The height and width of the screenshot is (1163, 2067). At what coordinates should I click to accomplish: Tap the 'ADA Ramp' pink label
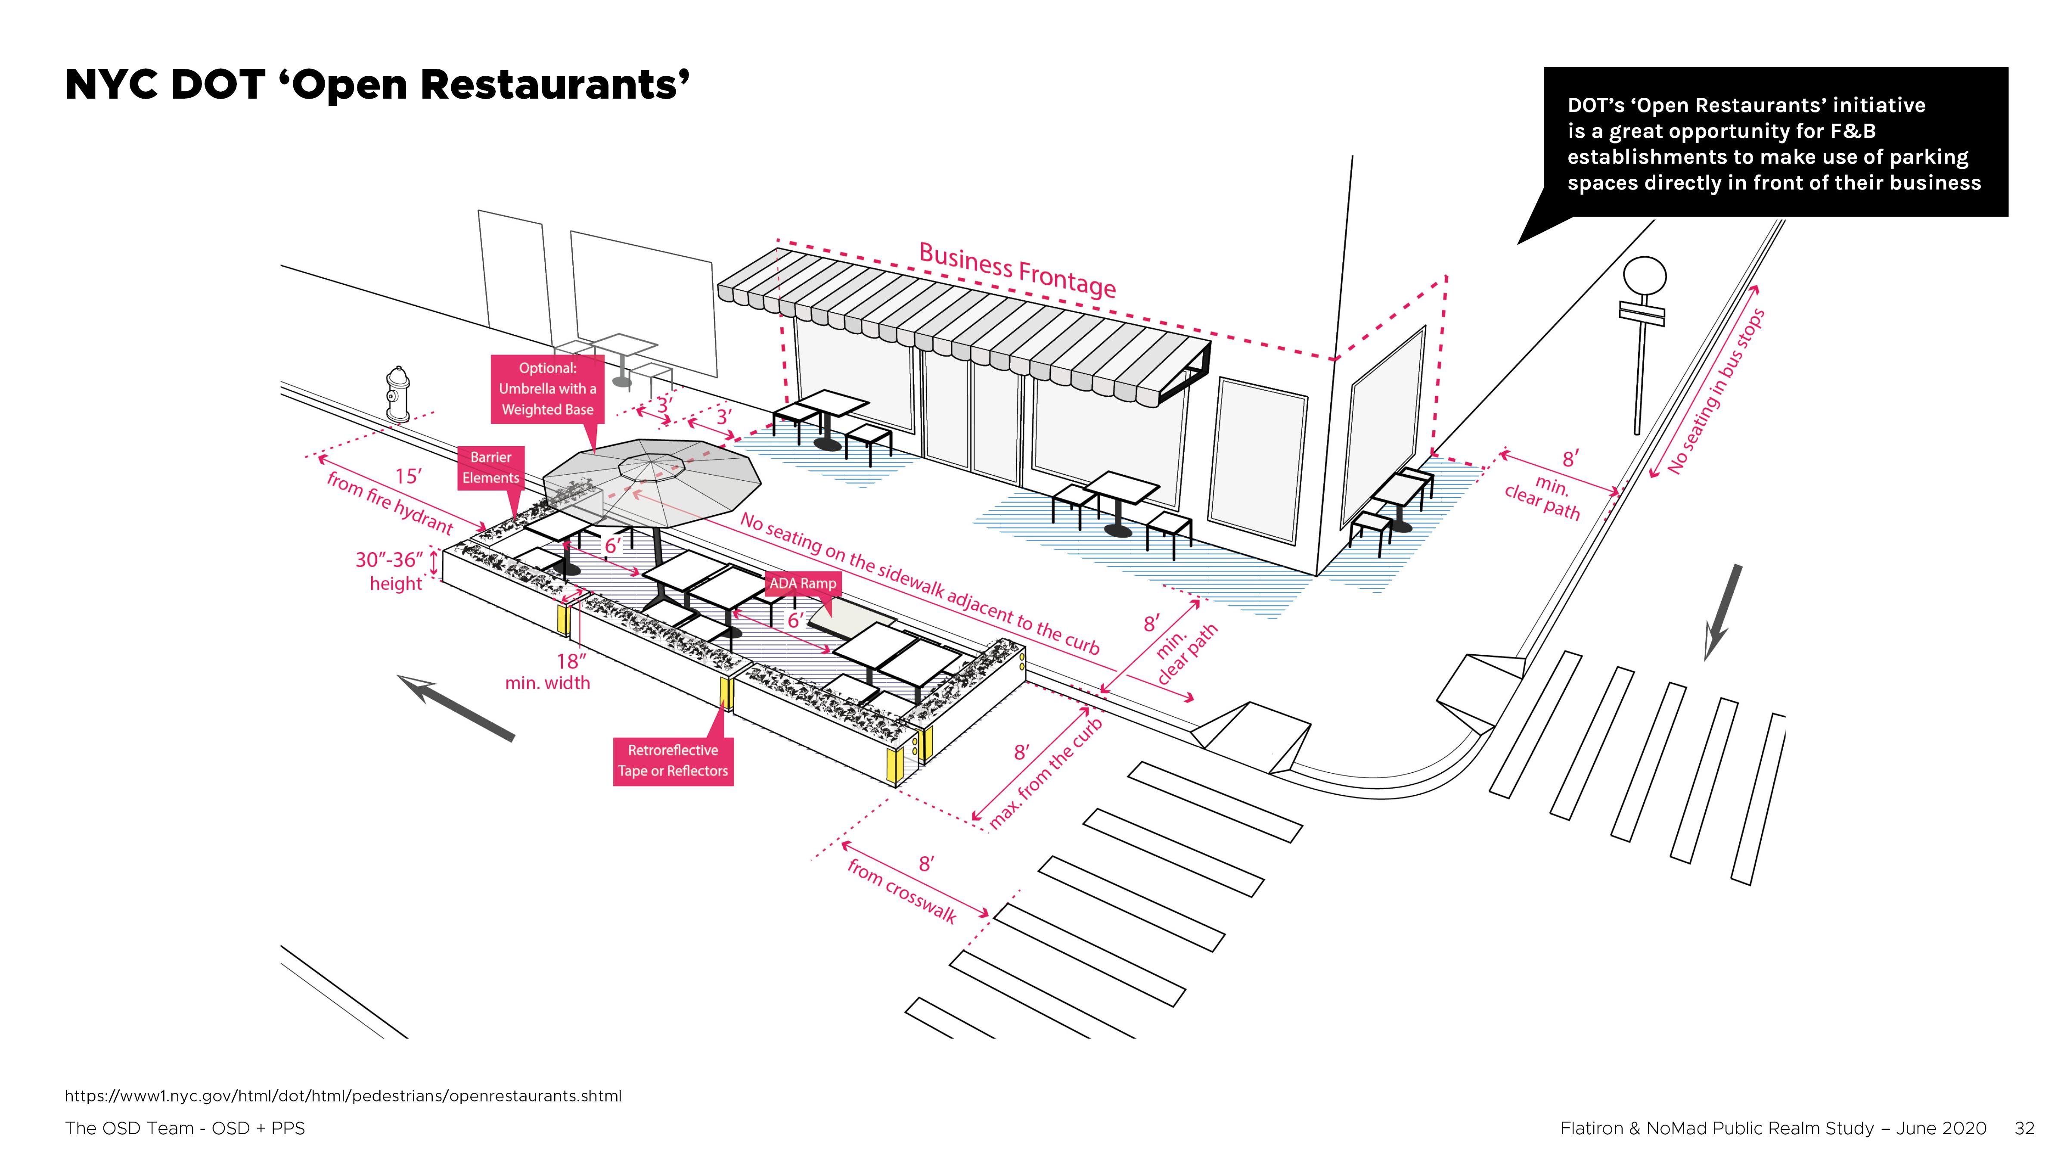click(x=802, y=584)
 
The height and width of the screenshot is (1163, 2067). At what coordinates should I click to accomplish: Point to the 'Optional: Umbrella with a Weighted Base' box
click(x=547, y=389)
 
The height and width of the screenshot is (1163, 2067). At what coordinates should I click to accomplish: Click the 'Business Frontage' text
click(x=1017, y=270)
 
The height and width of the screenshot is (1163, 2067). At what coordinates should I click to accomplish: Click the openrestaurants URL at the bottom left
click(x=343, y=1095)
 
